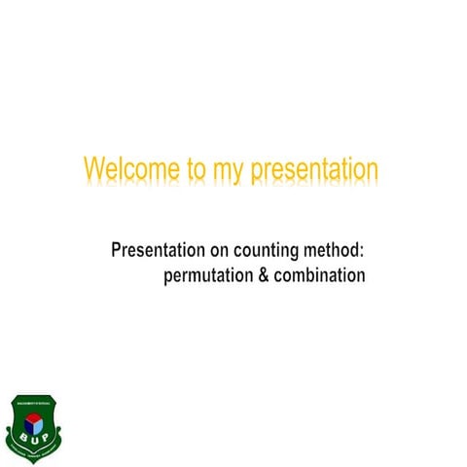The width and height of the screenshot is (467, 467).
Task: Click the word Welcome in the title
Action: tap(122, 169)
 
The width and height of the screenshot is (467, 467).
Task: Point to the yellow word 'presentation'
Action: tap(314, 170)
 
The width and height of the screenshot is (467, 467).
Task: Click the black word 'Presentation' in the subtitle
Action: tap(161, 252)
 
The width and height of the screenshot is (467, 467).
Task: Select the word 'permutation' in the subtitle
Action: tap(207, 276)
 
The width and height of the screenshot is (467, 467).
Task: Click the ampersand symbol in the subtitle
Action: tap(261, 275)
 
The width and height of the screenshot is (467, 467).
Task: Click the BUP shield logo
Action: tap(35, 428)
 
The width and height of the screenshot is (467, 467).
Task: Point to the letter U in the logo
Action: tap(35, 440)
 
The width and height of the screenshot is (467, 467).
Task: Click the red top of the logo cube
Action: tap(35, 416)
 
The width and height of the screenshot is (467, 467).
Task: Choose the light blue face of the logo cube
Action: tap(39, 425)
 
